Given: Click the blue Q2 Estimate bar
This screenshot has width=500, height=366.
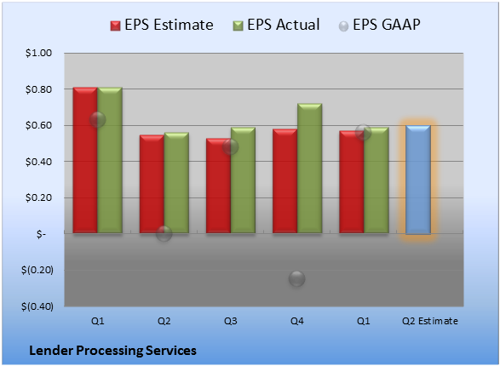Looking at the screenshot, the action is (418, 180).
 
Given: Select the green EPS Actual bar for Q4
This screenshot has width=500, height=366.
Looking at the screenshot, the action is (309, 169).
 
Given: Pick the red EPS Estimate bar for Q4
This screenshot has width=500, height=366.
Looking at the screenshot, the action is (284, 181).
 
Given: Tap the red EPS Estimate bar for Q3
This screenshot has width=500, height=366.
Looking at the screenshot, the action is (218, 186).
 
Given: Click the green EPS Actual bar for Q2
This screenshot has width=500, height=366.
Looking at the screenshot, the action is (176, 183).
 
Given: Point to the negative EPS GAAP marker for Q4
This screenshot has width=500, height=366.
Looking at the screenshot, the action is (297, 278).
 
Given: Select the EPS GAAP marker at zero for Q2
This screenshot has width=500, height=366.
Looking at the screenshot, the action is (164, 233).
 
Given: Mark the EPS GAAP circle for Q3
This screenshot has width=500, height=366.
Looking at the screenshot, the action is (230, 147).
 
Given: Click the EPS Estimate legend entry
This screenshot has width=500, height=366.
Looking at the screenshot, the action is (162, 25).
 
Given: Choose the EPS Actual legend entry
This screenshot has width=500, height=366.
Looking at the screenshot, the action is (276, 25).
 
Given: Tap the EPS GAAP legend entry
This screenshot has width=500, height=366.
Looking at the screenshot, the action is (379, 25).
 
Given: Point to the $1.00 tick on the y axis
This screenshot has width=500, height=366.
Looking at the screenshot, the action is (38, 53).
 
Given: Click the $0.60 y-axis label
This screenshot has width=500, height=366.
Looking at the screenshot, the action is (38, 125).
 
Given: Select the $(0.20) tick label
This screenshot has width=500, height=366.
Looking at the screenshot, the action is (37, 270).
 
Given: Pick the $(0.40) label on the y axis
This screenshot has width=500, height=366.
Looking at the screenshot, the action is (37, 306).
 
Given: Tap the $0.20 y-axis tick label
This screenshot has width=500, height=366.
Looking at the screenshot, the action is (38, 197).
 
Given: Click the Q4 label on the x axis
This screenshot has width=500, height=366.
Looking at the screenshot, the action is (297, 321).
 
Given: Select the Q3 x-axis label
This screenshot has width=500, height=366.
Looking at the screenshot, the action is (230, 321).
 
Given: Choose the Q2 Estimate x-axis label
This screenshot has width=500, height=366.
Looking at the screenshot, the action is (430, 321).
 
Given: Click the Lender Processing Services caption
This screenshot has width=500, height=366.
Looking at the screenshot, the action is (113, 351).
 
